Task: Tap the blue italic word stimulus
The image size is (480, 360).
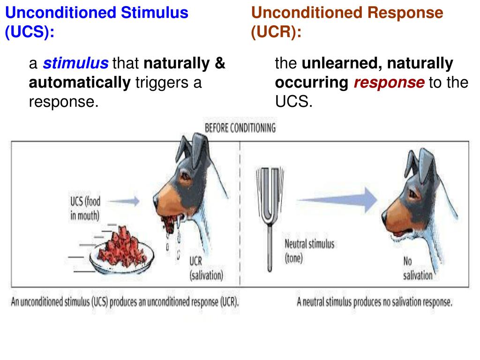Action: point(76,63)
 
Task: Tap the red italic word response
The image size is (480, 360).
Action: point(389,83)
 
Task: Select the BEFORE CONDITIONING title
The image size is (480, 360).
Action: point(240,128)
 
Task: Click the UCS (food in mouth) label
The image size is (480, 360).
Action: point(85,208)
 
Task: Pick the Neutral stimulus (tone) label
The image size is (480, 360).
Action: point(309,251)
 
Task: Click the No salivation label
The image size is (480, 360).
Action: point(418,268)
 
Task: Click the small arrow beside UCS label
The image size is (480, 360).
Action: point(126,201)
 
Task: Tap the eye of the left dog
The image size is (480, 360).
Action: point(186,177)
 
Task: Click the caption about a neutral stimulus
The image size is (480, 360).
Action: point(375,302)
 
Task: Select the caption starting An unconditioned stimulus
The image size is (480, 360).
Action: point(125,302)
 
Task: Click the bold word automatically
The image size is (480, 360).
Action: point(79,83)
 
